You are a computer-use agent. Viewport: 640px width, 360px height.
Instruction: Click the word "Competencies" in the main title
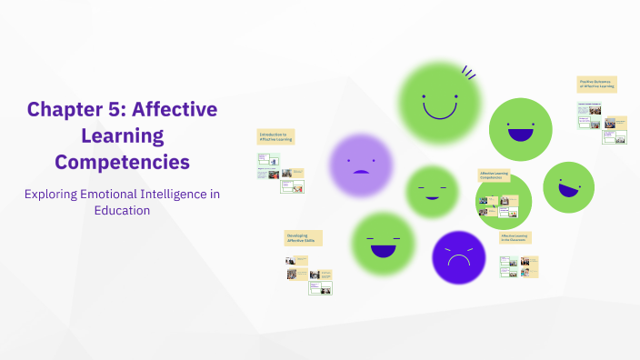point(122,162)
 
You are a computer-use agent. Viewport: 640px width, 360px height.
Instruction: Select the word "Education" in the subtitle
point(122,210)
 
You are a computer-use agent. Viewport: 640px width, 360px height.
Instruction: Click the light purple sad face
point(360,165)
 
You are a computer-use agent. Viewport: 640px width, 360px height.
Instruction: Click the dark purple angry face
point(458,256)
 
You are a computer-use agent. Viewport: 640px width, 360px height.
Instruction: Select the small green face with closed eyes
point(432,191)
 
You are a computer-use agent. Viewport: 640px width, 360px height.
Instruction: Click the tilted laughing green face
point(568,186)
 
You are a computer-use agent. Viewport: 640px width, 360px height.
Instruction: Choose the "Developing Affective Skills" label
point(304,237)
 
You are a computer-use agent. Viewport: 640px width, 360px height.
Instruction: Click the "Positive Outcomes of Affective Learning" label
point(596,84)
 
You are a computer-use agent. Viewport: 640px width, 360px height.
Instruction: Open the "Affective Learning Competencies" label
point(495,175)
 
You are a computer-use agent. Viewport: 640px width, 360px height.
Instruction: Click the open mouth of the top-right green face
point(520,135)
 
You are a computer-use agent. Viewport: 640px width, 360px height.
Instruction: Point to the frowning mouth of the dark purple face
point(458,261)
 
